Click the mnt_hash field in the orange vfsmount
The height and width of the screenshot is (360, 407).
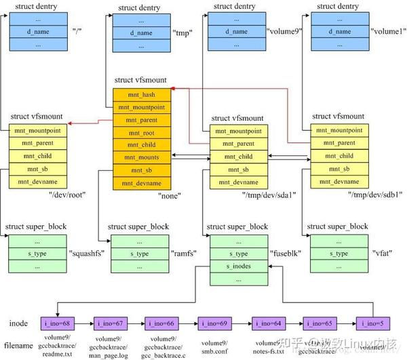(142, 95)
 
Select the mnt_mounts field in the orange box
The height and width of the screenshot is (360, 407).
(142, 157)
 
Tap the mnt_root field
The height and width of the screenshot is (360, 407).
(142, 132)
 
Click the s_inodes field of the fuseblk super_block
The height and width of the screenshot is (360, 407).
(238, 266)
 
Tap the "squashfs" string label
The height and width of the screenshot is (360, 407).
(87, 254)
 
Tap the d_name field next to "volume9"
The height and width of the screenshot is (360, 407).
(238, 31)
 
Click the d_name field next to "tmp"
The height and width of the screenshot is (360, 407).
(142, 31)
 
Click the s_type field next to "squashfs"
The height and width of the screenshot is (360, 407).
(38, 254)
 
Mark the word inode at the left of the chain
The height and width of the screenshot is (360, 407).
(18, 322)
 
